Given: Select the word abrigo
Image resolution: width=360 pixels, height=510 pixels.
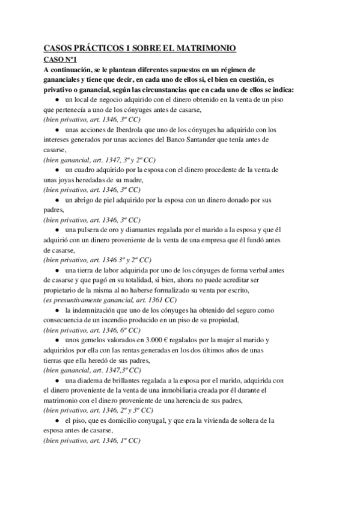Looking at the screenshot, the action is [x=88, y=200].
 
